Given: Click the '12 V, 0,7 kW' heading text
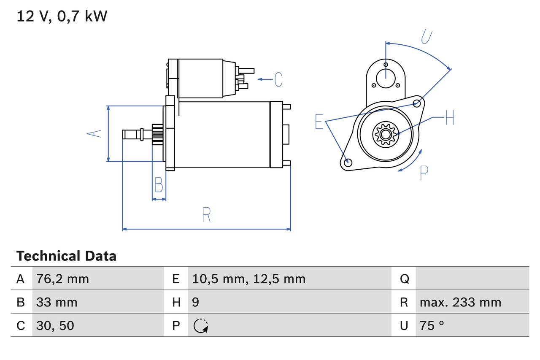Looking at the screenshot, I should click(x=62, y=16).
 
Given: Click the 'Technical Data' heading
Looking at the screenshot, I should click(x=66, y=256).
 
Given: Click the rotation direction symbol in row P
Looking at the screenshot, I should click(x=201, y=326).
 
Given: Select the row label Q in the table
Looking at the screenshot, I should click(x=404, y=279).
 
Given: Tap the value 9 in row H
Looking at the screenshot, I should click(x=195, y=302).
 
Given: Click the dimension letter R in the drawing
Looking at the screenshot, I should click(x=206, y=215).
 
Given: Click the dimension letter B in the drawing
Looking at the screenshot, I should click(x=159, y=185).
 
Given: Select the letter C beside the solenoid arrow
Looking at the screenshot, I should click(x=278, y=79).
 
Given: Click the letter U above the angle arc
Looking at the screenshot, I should click(x=427, y=37).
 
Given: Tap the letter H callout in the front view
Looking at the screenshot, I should click(x=450, y=117).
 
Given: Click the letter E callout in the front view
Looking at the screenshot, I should click(x=319, y=121).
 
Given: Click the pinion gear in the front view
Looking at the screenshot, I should click(x=385, y=134).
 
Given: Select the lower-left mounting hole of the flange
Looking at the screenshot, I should click(x=348, y=162).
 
